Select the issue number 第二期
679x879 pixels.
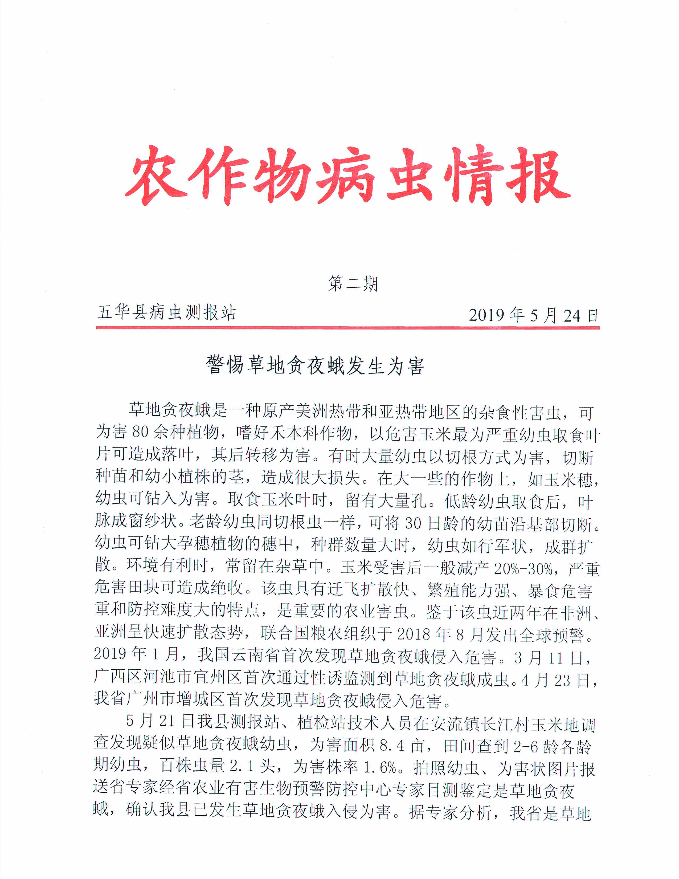pos(353,283)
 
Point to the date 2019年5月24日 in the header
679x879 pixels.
pos(533,315)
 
